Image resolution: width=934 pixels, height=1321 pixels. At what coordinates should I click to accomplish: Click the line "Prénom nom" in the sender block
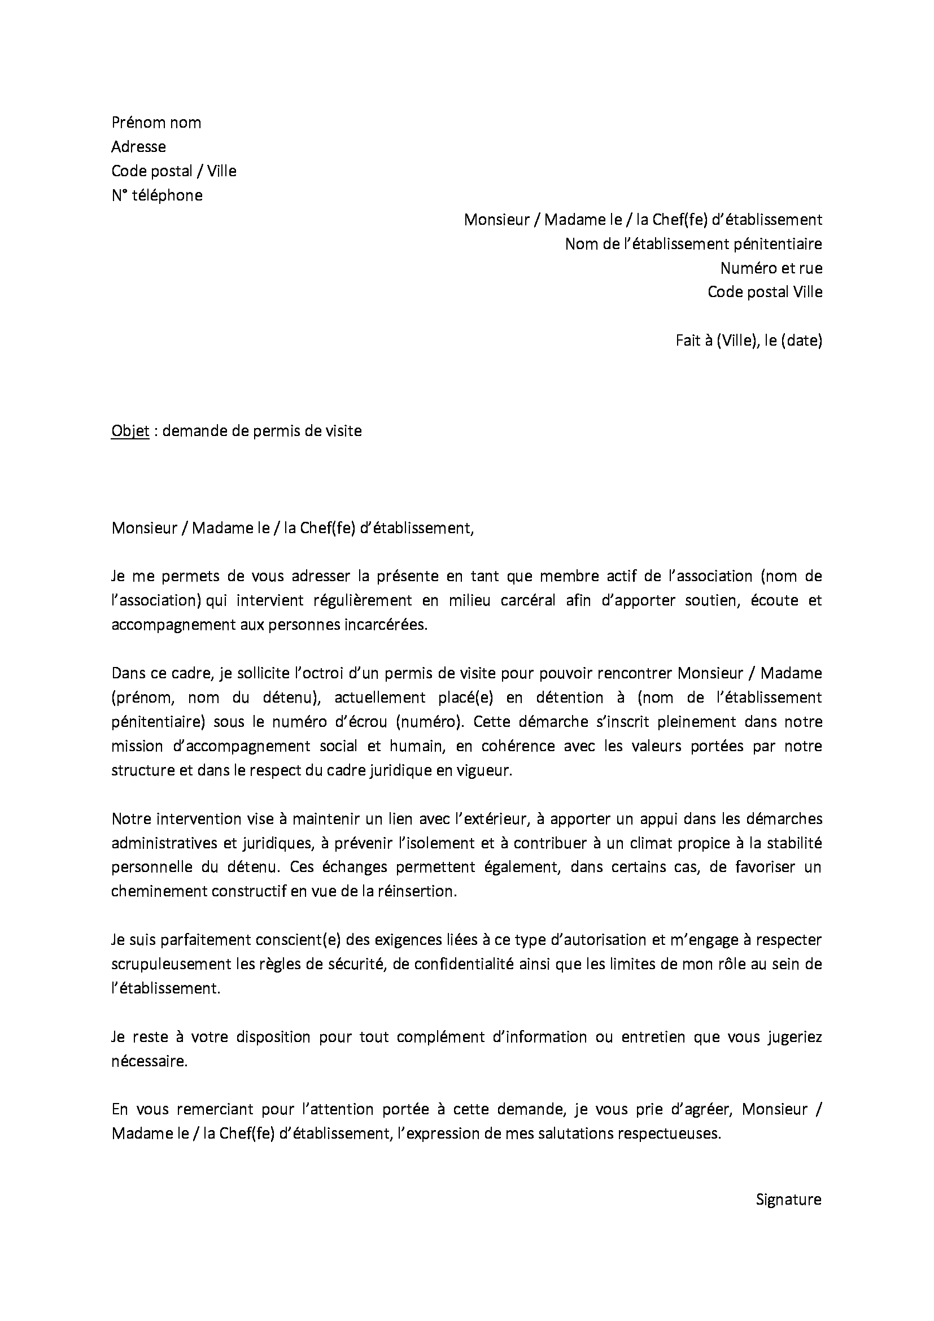pos(156,123)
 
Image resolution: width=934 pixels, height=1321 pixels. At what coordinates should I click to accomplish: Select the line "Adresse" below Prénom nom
pos(138,147)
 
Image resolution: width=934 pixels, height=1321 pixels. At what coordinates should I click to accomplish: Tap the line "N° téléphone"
pos(157,195)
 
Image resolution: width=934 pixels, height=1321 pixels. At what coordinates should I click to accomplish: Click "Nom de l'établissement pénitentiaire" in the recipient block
pos(693,244)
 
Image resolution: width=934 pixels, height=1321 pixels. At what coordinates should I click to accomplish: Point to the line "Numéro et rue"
pos(771,268)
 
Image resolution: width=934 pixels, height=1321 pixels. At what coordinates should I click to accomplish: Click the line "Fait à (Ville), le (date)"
pos(748,341)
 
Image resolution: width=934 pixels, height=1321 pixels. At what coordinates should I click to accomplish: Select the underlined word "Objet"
pos(130,431)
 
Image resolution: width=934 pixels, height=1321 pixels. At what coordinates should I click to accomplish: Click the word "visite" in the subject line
pos(343,431)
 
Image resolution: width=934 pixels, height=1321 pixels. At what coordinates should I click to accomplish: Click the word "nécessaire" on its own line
pos(149,1062)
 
